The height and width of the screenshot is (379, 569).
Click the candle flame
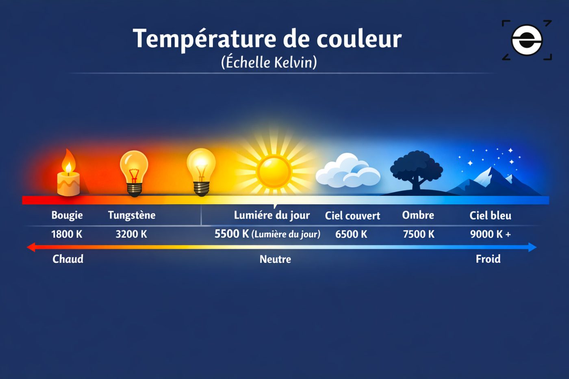68,162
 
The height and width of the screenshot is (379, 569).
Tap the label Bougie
67,215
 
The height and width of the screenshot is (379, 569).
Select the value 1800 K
67,234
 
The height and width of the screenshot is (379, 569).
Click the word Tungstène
132,215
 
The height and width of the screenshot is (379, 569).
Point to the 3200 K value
131,234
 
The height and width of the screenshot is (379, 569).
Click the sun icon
274,172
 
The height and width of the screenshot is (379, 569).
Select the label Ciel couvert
352,216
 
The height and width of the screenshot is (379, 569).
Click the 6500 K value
351,234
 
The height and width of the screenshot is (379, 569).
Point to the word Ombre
418,215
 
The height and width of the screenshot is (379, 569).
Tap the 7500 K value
419,234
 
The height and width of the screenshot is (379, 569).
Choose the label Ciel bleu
490,216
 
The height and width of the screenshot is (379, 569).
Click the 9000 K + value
490,234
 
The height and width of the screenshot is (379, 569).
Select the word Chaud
68,259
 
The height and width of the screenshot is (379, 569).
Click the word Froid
488,259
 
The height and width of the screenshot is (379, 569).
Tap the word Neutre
275,259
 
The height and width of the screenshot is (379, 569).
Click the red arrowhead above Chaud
31,247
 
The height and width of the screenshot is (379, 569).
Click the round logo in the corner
527,40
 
